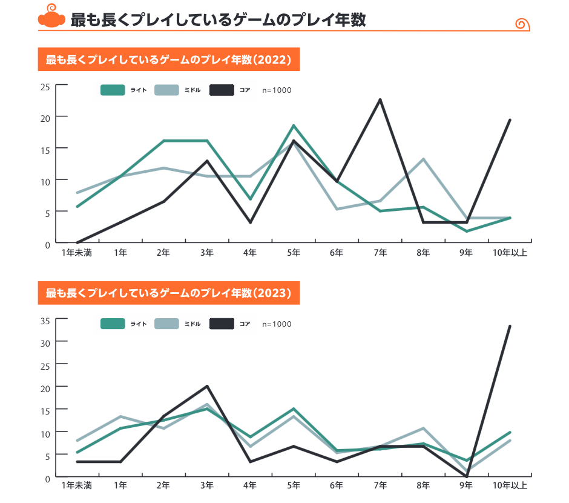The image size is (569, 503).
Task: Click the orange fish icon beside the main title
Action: click(x=51, y=19)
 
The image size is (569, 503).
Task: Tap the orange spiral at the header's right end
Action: click(x=522, y=24)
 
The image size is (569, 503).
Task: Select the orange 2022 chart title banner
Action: click(x=169, y=60)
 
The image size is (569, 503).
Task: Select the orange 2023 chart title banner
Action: click(x=169, y=294)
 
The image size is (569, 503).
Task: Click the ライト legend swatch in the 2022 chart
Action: click(x=113, y=90)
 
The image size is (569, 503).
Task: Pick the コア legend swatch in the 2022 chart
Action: click(x=222, y=90)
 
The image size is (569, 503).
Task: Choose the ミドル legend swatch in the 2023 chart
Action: click(x=167, y=324)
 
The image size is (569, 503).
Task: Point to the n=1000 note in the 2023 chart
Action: click(x=277, y=324)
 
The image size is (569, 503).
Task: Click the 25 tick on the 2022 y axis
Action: click(x=45, y=86)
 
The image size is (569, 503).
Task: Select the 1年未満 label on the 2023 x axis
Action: click(x=76, y=485)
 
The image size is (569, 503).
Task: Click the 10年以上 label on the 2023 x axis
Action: click(x=510, y=485)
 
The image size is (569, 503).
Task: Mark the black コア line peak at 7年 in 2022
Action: click(x=380, y=99)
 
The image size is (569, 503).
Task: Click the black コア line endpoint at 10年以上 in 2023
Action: click(x=510, y=326)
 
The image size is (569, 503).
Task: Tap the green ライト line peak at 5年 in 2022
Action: click(x=294, y=125)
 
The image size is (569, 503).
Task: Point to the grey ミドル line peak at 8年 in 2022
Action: click(x=424, y=159)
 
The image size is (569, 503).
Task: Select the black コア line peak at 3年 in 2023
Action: click(x=208, y=386)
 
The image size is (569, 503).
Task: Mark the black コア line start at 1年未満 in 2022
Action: click(x=77, y=242)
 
